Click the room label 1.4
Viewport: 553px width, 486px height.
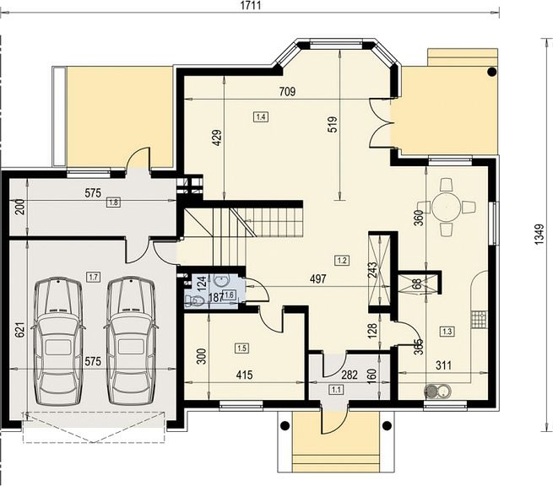pos(261,116)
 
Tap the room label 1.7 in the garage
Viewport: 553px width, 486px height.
pos(94,277)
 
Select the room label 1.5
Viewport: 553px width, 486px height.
pos(242,348)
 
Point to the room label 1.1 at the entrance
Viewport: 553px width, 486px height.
pos(336,390)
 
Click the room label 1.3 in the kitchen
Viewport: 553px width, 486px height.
pos(447,332)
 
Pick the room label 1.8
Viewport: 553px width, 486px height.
pos(114,202)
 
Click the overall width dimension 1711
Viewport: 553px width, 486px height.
pos(251,6)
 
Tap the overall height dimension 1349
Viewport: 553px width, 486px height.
pos(539,234)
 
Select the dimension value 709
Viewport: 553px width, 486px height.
pos(287,92)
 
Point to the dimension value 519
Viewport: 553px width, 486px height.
pos(333,124)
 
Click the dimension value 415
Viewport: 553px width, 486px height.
pos(244,375)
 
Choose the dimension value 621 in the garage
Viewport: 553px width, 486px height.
pos(20,330)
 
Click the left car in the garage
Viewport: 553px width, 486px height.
pos(58,341)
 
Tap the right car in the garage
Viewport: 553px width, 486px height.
pos(131,341)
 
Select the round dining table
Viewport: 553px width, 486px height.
pos(447,207)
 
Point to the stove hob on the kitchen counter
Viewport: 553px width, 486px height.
pos(480,320)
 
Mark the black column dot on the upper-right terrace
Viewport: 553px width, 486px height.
pos(491,72)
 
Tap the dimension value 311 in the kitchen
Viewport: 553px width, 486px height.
pos(443,365)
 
